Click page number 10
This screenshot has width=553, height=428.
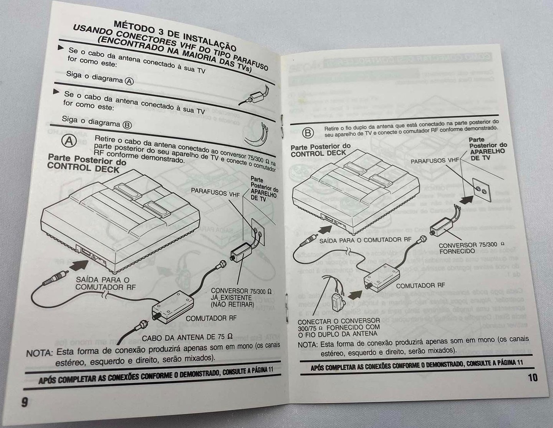(x=532, y=377)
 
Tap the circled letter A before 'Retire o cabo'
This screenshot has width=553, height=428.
(x=70, y=141)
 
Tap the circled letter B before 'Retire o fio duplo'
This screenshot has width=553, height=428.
(x=308, y=133)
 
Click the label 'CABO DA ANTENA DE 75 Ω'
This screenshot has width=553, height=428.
(x=187, y=337)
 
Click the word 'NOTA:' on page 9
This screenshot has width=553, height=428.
(x=39, y=353)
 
